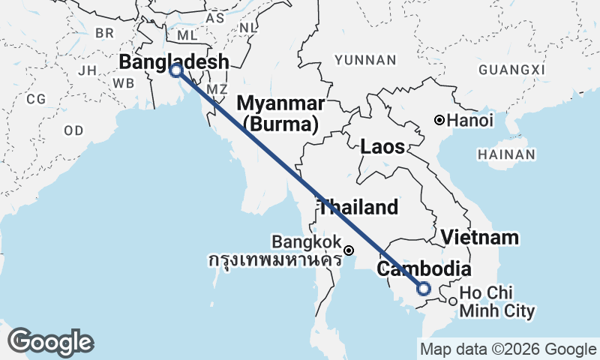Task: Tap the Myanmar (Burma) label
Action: point(281,112)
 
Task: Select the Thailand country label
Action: point(358,207)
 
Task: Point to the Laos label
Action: point(382,146)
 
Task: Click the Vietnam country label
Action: point(480,238)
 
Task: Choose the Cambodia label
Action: point(424,270)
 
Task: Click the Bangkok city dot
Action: point(349,250)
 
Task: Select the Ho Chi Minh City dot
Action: point(452,301)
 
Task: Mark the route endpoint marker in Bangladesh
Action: point(176,71)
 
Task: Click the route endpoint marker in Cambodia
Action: point(424,289)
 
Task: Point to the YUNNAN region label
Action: point(365,60)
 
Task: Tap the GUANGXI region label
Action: point(510,70)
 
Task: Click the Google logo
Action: point(50,342)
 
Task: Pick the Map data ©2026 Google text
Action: point(508,349)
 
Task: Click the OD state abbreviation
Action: point(73,130)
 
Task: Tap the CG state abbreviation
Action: point(36,99)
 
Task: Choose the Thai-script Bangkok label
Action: point(274,261)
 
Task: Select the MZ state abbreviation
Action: point(217,89)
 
